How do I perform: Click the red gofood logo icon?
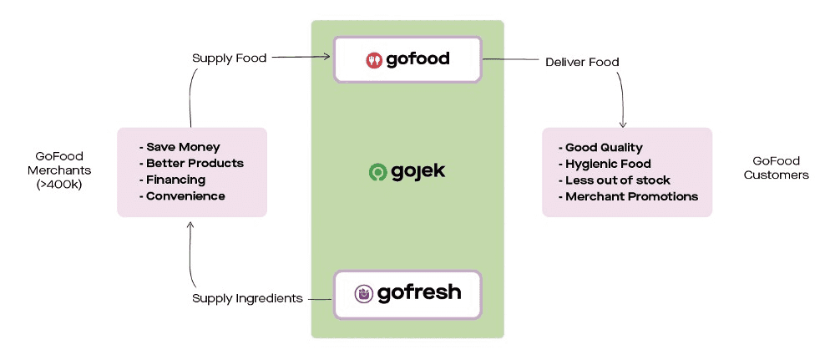375,59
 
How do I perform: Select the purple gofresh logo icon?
364,294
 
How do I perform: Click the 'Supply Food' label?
230,58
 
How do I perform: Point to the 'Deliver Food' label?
582,62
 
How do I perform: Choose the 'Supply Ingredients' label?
247,298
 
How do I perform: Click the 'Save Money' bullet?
183,147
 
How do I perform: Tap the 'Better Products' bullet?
195,163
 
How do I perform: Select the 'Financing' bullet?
175,180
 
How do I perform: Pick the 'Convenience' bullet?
185,196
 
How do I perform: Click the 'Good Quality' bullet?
604,148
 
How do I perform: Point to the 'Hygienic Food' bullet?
608,164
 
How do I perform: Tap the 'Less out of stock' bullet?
617,180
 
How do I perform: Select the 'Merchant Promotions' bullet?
631,197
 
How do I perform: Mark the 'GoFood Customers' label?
776,168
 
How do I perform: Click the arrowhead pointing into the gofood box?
328,58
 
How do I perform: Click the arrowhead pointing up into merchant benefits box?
191,223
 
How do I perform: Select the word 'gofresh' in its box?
418,294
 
